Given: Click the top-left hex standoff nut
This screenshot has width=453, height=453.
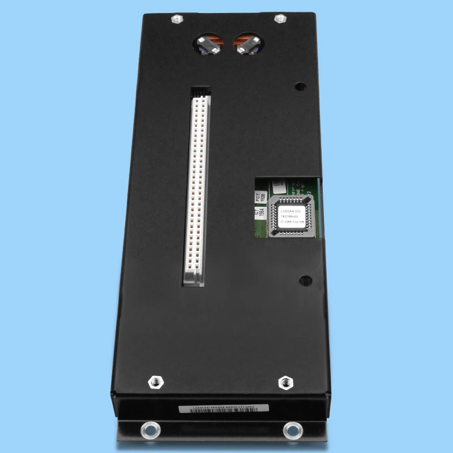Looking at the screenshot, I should (x=177, y=19).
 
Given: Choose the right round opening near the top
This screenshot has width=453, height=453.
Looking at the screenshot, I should (x=248, y=43).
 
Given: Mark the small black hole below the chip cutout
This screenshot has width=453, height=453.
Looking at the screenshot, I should (x=305, y=280).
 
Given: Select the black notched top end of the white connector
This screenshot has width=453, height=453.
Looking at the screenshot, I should (x=200, y=91).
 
